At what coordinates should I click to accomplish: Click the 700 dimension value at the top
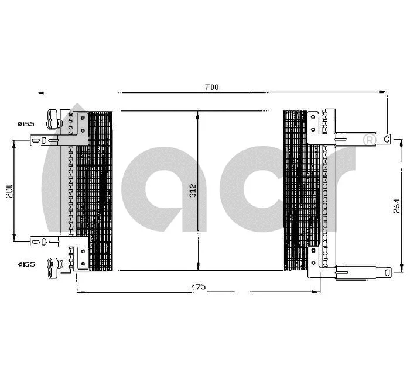pyautogui.click(x=211, y=87)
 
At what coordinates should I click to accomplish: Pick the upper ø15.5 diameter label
pyautogui.click(x=25, y=124)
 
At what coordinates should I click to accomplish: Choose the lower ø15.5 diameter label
pyautogui.click(x=26, y=264)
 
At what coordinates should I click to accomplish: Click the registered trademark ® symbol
pyautogui.click(x=370, y=140)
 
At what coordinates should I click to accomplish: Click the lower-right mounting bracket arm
pyautogui.click(x=363, y=271)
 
